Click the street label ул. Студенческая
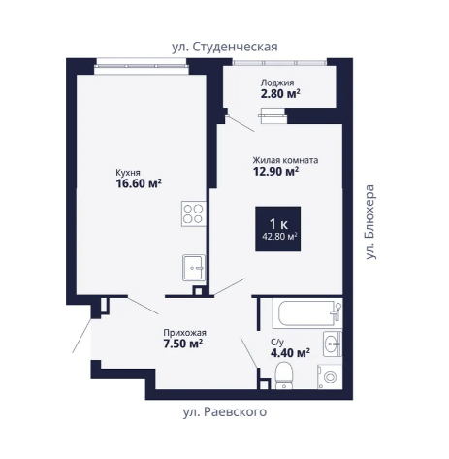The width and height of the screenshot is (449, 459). click(225, 47)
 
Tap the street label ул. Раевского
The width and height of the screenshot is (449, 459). click(225, 412)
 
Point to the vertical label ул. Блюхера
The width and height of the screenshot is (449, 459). click(370, 222)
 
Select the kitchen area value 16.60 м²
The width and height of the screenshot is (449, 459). click(139, 183)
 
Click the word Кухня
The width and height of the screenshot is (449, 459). click(128, 173)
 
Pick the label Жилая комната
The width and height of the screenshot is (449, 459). click(285, 160)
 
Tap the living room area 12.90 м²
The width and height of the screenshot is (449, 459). click(275, 171)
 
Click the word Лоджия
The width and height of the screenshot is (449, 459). click(277, 82)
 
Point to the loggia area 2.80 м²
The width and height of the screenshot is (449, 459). click(280, 93)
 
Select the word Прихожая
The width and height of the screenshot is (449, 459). click(184, 333)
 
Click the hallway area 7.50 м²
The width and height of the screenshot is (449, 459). click(183, 344)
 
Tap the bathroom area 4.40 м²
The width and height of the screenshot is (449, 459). click(290, 352)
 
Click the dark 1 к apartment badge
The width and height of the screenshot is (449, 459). click(278, 229)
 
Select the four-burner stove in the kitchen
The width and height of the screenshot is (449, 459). click(193, 213)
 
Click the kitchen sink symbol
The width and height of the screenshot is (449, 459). click(194, 268)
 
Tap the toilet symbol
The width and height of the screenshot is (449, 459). click(284, 376)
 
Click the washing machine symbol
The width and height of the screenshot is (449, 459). click(330, 377)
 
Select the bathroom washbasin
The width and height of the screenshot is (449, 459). click(333, 344)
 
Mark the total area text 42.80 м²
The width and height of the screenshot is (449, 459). click(279, 237)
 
